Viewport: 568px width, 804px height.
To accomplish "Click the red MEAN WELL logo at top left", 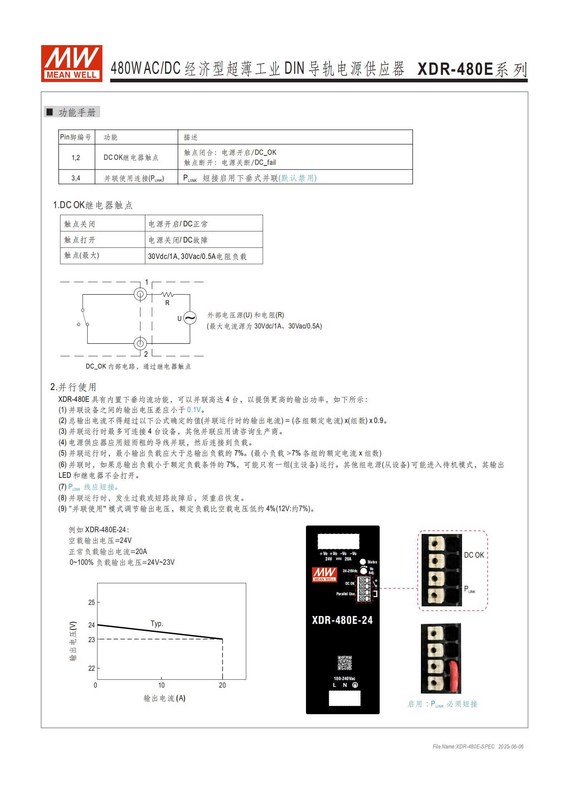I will (x=72, y=63).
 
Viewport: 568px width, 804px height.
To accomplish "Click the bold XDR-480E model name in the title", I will (x=455, y=69).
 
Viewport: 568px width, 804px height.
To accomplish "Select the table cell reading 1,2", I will (x=76, y=158).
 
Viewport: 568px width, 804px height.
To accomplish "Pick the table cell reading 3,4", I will (x=76, y=178).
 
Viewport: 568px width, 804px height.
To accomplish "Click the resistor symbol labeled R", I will (x=167, y=295).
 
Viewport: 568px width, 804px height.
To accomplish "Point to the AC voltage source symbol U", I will (x=190, y=318).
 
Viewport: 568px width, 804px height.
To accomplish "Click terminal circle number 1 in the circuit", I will (x=140, y=294).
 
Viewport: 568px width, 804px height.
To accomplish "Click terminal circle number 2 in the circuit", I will (x=140, y=343).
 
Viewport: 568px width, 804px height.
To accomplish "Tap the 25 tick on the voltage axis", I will (x=92, y=602).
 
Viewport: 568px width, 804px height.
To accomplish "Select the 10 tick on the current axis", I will (x=161, y=685).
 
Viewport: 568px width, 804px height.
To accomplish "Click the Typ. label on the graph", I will (x=157, y=624).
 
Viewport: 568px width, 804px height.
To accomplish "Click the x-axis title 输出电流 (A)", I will (x=164, y=698).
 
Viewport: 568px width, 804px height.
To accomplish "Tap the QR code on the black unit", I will (x=345, y=663).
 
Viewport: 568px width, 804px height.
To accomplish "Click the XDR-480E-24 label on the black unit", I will (x=342, y=620).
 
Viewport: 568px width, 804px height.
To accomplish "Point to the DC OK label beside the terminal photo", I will (x=474, y=555).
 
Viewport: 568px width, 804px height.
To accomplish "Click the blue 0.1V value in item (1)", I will (x=194, y=410).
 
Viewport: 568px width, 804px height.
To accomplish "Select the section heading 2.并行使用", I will (x=73, y=387).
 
